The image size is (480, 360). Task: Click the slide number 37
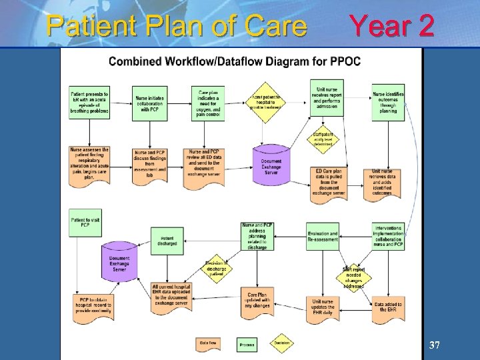(x=435, y=345)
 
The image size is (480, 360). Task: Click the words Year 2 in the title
(x=392, y=26)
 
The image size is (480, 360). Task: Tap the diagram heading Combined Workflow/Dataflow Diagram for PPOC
(x=235, y=62)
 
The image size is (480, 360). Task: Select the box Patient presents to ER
(x=89, y=101)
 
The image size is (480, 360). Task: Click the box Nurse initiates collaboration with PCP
(x=149, y=102)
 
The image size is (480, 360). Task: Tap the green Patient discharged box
(x=167, y=240)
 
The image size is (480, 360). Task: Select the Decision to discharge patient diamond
(x=217, y=268)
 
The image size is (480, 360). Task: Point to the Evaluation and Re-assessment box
(x=323, y=237)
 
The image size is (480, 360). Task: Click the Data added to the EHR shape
(x=388, y=307)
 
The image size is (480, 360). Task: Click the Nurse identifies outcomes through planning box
(x=388, y=102)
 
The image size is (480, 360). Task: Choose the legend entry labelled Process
(x=246, y=343)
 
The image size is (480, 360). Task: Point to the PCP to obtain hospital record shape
(x=91, y=307)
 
